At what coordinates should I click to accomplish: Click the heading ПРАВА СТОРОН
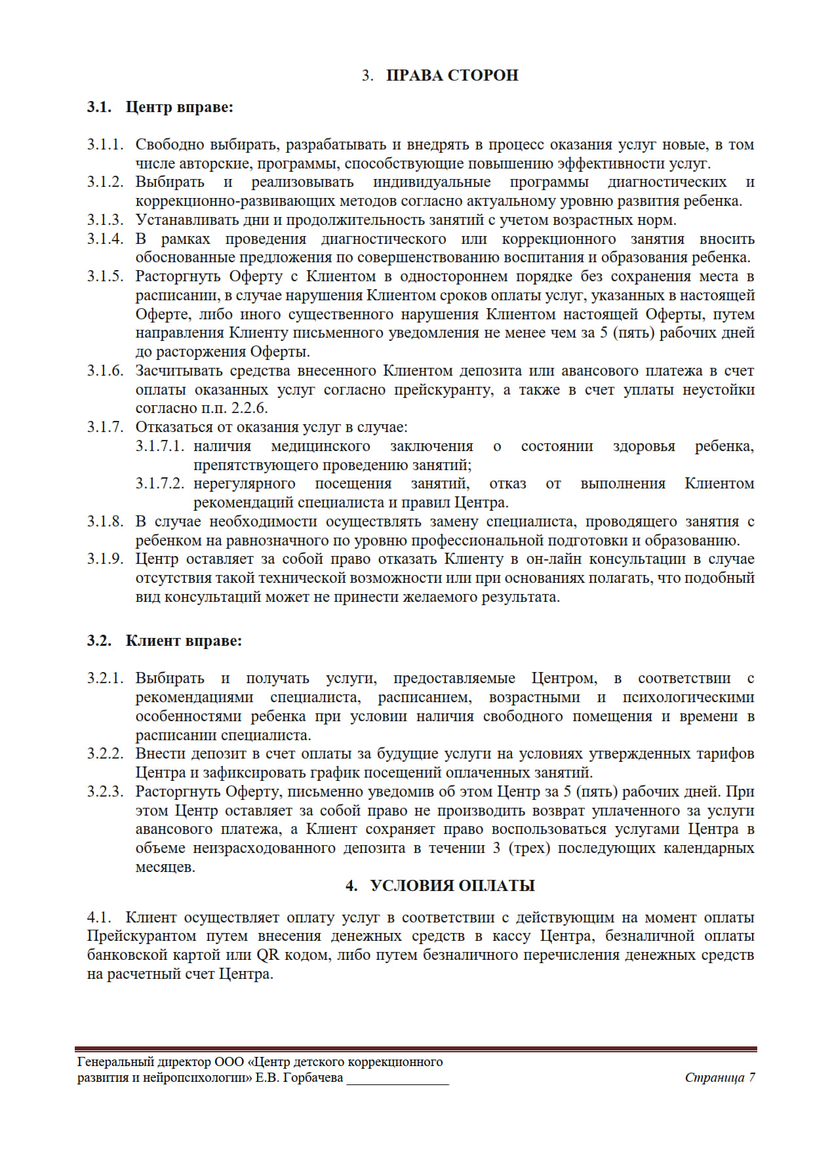tap(452, 75)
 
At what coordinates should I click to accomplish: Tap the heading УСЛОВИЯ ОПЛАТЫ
tap(452, 886)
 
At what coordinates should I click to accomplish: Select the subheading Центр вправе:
tap(179, 107)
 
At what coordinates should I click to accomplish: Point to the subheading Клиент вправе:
tap(184, 641)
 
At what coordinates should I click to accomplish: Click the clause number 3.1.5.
tap(105, 276)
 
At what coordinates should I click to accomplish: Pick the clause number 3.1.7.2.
tap(160, 484)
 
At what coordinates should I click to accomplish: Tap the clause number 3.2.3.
tap(105, 791)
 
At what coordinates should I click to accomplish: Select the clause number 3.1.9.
tap(105, 559)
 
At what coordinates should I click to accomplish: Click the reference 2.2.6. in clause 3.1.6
tap(249, 408)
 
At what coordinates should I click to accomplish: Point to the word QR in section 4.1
tap(268, 955)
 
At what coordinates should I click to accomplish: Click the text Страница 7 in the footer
tap(719, 1078)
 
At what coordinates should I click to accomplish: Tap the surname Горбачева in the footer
tap(312, 1078)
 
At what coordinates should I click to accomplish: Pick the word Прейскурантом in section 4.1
tap(142, 936)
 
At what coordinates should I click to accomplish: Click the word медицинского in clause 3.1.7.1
tap(320, 446)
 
